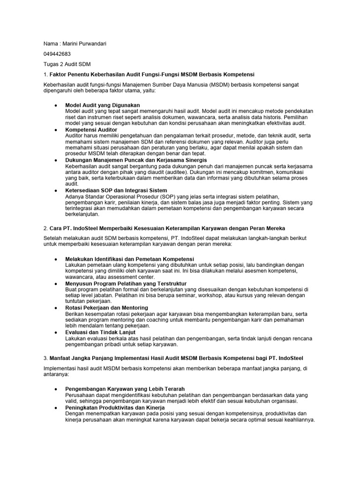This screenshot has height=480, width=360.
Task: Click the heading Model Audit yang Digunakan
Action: point(103,105)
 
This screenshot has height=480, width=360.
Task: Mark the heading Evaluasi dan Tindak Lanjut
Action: point(100,332)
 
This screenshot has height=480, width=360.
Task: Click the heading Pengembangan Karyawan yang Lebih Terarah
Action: point(125,389)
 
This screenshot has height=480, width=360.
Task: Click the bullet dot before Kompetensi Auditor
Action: point(56,129)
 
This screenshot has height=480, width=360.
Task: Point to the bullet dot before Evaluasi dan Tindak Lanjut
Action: point(56,332)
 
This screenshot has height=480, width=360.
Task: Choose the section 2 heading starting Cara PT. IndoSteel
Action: point(167,228)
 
